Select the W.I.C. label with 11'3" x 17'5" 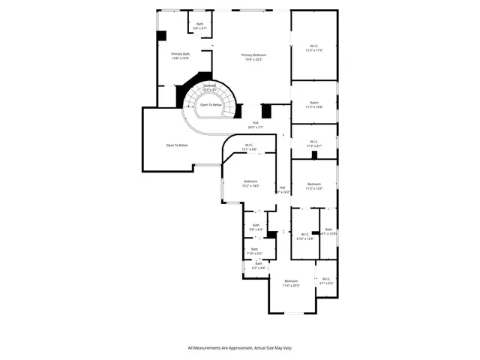click(314, 48)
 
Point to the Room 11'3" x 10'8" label click(314, 105)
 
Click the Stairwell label click(199, 88)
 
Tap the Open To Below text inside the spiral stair click(211, 105)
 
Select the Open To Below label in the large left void click(177, 145)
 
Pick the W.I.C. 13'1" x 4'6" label click(249, 147)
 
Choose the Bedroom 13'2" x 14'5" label click(250, 183)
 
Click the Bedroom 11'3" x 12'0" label click(314, 186)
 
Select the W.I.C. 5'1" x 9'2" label click(326, 280)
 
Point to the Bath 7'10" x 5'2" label click(254, 251)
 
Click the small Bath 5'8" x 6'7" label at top click(200, 26)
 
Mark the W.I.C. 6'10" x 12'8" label click(304, 237)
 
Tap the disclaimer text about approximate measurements click(240, 348)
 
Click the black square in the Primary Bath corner click(161, 35)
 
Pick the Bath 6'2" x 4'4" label click(259, 265)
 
